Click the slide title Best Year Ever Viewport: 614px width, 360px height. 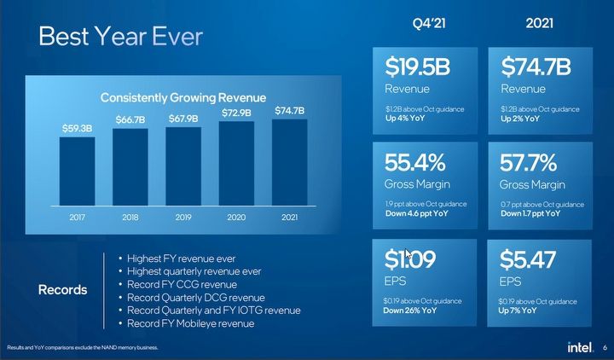click(x=120, y=38)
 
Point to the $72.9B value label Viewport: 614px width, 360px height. click(x=236, y=113)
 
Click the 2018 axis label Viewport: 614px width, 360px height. click(x=130, y=218)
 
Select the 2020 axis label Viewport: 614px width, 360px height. click(x=236, y=218)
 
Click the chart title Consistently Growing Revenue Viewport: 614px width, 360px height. click(x=183, y=97)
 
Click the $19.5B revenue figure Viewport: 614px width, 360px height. click(x=418, y=67)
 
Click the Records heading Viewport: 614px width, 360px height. click(x=63, y=290)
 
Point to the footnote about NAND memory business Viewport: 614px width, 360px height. click(x=82, y=348)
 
